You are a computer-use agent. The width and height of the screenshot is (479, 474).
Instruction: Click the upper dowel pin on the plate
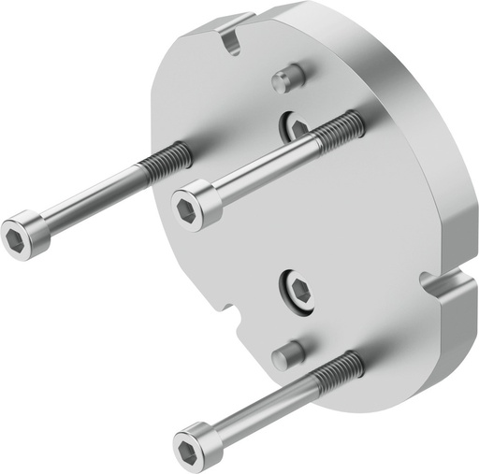288,79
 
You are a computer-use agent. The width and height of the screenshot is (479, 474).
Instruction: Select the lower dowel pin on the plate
288,353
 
